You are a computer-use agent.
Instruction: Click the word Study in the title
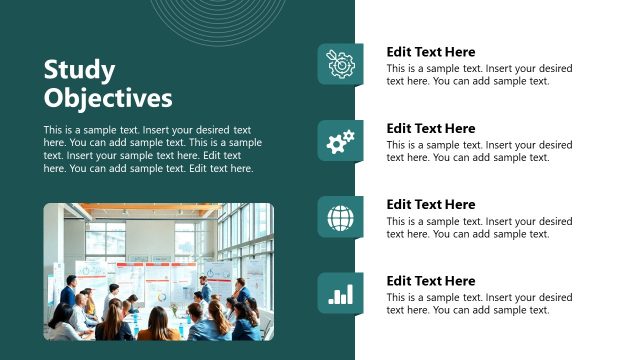pyautogui.click(x=80, y=70)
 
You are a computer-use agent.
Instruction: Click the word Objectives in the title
pyautogui.click(x=108, y=98)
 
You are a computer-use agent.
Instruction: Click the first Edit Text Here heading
pyautogui.click(x=431, y=52)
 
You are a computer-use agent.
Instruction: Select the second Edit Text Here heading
pyautogui.click(x=431, y=128)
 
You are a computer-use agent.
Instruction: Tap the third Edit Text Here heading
pyautogui.click(x=431, y=204)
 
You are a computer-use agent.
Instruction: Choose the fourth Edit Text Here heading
pyautogui.click(x=431, y=281)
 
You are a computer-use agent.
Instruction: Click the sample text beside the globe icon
pyautogui.click(x=479, y=228)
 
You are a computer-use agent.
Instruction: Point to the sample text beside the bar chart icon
pyautogui.click(x=479, y=304)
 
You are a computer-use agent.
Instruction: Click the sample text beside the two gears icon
pyautogui.click(x=479, y=151)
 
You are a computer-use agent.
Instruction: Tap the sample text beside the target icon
pyautogui.click(x=479, y=75)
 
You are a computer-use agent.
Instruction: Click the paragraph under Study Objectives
pyautogui.click(x=152, y=149)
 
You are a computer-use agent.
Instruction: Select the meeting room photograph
pyautogui.click(x=158, y=271)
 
